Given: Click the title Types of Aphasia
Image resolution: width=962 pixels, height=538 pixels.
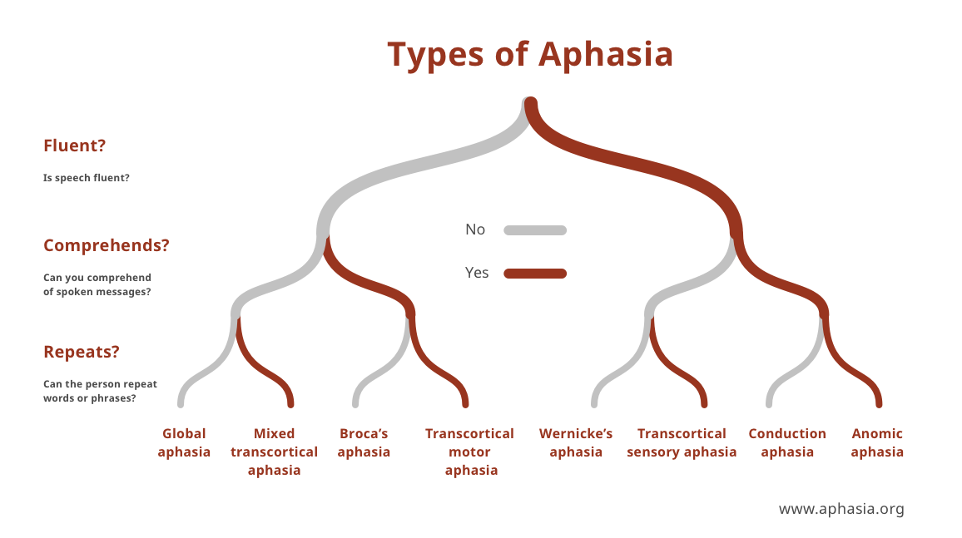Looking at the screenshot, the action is click(530, 55).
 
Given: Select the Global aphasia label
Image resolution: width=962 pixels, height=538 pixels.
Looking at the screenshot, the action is click(184, 442).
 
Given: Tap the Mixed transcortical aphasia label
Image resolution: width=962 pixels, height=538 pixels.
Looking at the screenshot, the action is click(274, 452).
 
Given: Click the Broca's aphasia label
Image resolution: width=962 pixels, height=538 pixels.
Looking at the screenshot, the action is click(364, 442).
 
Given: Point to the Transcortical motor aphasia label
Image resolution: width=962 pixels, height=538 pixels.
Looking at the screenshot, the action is click(470, 452).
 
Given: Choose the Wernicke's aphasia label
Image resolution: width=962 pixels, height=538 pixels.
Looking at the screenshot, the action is click(576, 442).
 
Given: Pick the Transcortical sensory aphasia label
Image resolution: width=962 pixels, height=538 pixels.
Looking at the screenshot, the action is click(682, 442).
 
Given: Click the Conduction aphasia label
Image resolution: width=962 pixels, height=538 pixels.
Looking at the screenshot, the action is click(787, 442).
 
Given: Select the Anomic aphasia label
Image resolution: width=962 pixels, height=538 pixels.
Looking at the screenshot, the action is click(877, 442).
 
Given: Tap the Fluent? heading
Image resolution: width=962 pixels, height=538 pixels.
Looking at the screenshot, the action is click(75, 146).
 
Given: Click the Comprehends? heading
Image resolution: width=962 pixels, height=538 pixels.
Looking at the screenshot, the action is click(107, 245).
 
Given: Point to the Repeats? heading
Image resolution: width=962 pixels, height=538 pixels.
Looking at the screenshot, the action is click(82, 352).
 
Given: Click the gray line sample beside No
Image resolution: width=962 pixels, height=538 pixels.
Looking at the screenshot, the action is click(535, 230).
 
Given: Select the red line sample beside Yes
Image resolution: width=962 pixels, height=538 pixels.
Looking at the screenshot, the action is click(535, 273).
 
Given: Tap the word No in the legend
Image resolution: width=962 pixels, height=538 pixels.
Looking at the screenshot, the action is click(475, 230).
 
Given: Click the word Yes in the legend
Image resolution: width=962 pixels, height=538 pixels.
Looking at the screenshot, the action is click(477, 273).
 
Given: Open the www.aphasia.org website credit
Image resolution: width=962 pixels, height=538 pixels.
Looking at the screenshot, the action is click(841, 509).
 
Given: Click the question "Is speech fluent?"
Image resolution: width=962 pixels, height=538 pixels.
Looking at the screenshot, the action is click(86, 178).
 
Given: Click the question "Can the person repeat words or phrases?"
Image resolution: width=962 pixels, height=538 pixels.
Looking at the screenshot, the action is click(100, 391).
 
